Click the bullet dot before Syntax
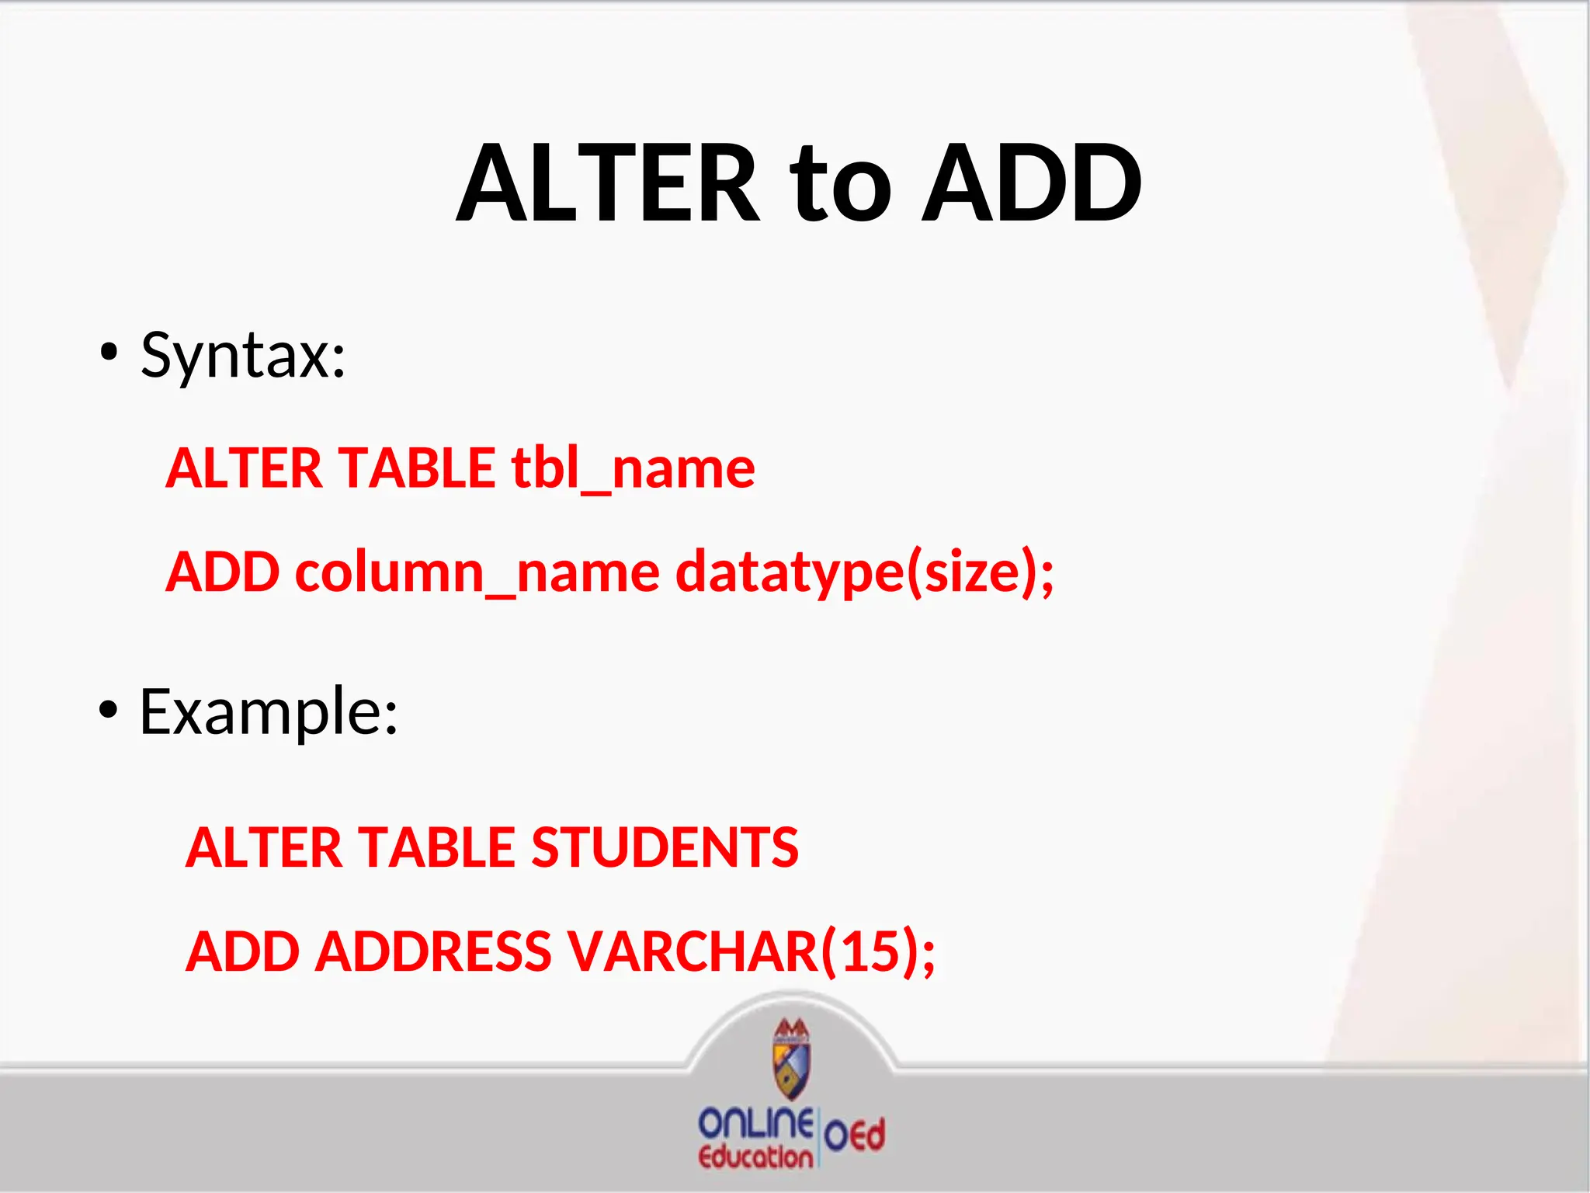click(109, 354)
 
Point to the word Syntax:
click(243, 356)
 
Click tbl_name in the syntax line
click(633, 468)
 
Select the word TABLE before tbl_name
click(417, 468)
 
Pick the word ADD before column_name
click(223, 572)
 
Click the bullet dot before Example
click(109, 710)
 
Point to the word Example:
click(269, 711)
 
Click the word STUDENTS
click(665, 847)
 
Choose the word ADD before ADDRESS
click(243, 951)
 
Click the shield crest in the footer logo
click(791, 1059)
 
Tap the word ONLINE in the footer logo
click(755, 1124)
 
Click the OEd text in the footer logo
click(854, 1136)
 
